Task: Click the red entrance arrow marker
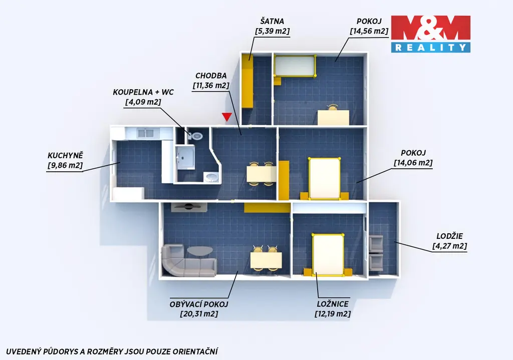tap(227, 117)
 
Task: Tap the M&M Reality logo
tap(430, 34)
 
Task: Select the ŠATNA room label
tap(272, 21)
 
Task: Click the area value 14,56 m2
tap(369, 31)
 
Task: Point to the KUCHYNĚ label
tap(66, 155)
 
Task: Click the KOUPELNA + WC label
tap(143, 92)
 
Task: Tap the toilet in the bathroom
tap(196, 136)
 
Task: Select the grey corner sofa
tap(188, 261)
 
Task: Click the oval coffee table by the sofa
tap(200, 251)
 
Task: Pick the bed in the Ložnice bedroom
tap(328, 254)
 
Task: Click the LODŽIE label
tap(450, 236)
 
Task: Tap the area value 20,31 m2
tap(199, 314)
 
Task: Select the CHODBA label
tap(211, 76)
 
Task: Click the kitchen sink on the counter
tap(146, 133)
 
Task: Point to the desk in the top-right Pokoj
tap(333, 117)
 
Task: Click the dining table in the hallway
tap(261, 174)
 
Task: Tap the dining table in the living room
tap(266, 260)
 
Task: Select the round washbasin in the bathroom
tap(211, 178)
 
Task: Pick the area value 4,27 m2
tap(450, 246)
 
